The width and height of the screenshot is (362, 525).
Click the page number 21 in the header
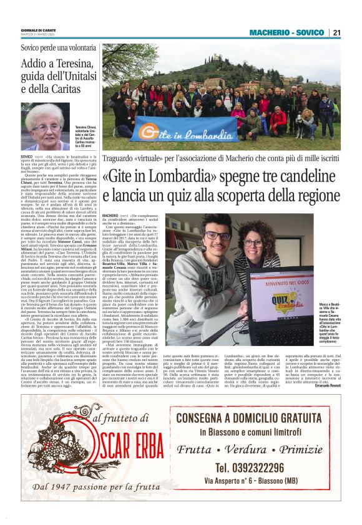[336, 32]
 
